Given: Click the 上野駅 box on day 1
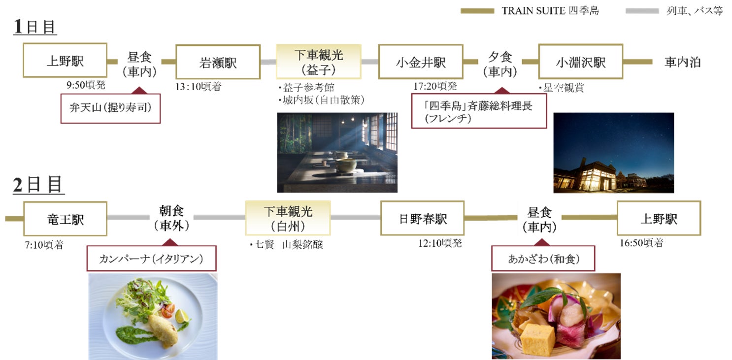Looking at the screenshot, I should tap(65, 61).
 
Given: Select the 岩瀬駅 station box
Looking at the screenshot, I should tap(218, 62).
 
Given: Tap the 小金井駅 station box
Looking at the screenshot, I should tap(421, 62).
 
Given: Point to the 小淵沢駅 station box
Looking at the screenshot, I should tap(580, 62).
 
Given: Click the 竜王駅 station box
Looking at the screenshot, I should tap(65, 219).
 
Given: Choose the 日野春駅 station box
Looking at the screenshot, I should tap(422, 218).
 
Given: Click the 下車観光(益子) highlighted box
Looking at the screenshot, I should tap(318, 62).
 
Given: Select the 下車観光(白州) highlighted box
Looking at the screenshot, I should tap(288, 218).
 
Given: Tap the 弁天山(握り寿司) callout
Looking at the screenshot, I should tap(110, 108).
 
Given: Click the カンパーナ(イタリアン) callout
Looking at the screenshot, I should tap(151, 259).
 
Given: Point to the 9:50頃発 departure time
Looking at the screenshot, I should tap(86, 85).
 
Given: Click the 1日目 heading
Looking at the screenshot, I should tap(34, 27).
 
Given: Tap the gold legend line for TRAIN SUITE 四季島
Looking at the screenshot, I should tap(477, 11).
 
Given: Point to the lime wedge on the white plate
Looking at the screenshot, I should tap(183, 314).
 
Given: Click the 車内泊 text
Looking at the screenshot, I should tap(682, 62).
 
